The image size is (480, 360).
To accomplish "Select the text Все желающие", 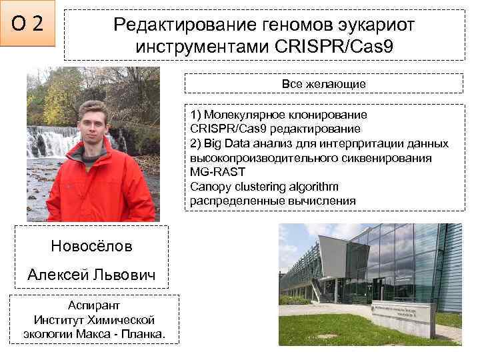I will [323, 84].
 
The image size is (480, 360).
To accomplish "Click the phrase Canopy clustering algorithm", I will [264, 187].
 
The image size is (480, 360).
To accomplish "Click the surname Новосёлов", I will [91, 246].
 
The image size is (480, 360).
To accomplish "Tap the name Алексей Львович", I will [91, 275].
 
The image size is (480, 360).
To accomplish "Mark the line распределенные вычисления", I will [273, 201].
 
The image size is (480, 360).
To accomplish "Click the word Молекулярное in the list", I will [243, 114].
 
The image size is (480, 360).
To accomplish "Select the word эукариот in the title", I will [379, 25].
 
